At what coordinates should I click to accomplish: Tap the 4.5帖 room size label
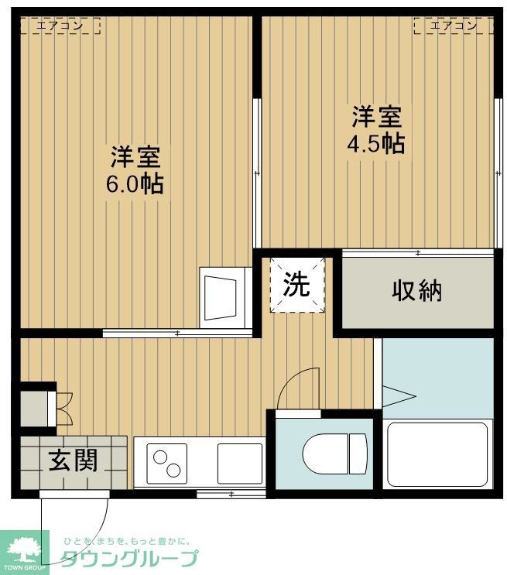click(377, 143)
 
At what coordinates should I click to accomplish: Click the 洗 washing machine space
click(296, 285)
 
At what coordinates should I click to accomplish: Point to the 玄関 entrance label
click(74, 461)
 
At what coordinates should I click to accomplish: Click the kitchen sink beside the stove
click(239, 463)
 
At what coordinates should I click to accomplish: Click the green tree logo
click(24, 547)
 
